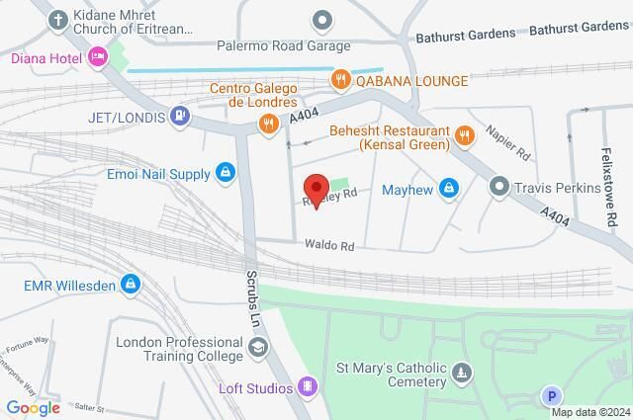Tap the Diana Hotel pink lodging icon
coord(97,57)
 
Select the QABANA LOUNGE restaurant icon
coord(340,77)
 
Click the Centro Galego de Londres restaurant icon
coord(266,123)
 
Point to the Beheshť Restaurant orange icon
coord(463,134)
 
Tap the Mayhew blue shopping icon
coord(448,187)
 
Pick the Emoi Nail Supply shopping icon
coord(225,175)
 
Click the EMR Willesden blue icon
coord(130,286)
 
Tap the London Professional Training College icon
coord(258,348)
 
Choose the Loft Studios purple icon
coord(308,386)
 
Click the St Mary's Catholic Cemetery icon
coord(462,373)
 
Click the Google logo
coord(33,407)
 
